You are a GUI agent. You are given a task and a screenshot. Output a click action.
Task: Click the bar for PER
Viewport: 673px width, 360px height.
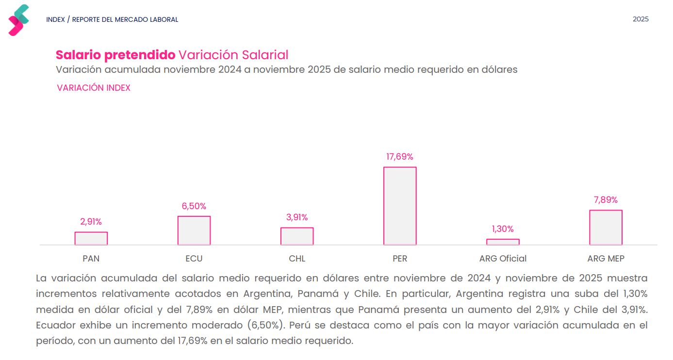(x=400, y=206)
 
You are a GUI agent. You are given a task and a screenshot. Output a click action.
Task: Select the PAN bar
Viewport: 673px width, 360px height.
(x=91, y=238)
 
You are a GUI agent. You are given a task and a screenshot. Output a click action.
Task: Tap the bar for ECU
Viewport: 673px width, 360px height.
(x=194, y=230)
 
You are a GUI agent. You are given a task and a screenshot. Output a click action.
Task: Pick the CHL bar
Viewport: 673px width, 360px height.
(x=297, y=236)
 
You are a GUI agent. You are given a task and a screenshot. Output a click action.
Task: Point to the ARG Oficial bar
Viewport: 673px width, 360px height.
(x=503, y=242)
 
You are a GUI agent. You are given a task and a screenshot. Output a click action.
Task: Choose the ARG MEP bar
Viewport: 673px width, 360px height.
(x=606, y=228)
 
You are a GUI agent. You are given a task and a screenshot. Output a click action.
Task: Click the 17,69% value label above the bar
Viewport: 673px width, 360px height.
(x=400, y=157)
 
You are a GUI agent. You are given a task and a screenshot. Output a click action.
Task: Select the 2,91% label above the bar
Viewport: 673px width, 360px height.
(x=91, y=222)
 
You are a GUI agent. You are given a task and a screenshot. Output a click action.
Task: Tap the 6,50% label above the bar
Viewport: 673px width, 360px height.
(x=194, y=206)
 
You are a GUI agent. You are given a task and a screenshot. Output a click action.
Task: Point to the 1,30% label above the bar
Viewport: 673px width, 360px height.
(x=503, y=229)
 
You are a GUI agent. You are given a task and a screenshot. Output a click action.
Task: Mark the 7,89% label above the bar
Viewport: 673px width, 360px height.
(x=606, y=200)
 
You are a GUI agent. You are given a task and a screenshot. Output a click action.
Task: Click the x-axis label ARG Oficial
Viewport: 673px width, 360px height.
(x=503, y=259)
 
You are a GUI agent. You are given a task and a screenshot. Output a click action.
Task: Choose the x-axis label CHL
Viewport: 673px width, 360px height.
(x=297, y=259)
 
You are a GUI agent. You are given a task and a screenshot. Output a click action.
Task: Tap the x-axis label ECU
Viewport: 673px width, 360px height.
(x=194, y=259)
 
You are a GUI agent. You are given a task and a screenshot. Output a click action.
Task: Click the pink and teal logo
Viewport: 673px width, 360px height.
(x=19, y=20)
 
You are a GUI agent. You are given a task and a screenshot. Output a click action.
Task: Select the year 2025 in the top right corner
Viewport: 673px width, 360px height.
(x=640, y=19)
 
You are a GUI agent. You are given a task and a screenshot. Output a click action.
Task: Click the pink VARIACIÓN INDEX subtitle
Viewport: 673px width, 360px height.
(x=94, y=88)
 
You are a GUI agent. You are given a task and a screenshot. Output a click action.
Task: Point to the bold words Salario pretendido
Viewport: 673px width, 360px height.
(x=115, y=55)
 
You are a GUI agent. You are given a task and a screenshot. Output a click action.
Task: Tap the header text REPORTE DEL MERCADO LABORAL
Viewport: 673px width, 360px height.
(x=125, y=20)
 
